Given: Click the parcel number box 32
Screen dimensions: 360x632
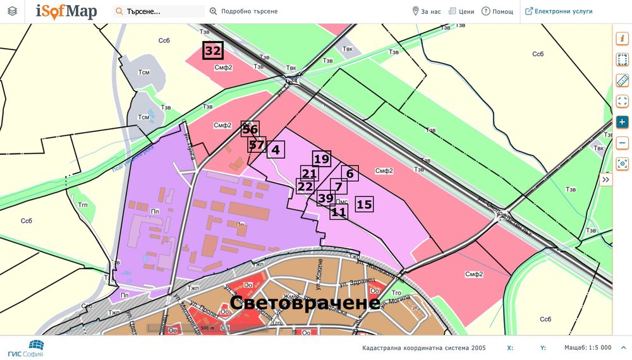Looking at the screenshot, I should (x=213, y=51).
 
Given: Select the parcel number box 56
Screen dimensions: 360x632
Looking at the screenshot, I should (x=250, y=129).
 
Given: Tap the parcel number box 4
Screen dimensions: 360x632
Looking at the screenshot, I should (x=276, y=150).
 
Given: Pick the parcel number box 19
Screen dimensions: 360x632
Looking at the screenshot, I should (x=322, y=159).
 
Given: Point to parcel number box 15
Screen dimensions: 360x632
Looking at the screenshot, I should (x=364, y=204).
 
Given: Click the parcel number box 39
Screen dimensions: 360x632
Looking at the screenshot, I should (x=325, y=198).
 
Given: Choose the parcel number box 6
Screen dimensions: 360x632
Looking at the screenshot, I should (x=350, y=173).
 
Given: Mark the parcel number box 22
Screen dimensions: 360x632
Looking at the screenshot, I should (x=305, y=186).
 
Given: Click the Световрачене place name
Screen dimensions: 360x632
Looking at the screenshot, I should (x=305, y=303).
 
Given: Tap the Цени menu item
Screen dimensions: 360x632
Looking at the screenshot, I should (x=461, y=11).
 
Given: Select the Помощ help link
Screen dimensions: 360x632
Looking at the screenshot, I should (x=497, y=11).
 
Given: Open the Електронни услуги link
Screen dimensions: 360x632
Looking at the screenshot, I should (x=559, y=11).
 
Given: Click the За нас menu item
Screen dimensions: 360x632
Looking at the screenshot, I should (x=427, y=11).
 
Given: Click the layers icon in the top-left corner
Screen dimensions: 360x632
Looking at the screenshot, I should (x=13, y=11).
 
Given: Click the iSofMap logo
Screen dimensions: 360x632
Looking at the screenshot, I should (x=66, y=11).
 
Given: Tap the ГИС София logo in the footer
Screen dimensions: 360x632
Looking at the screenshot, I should (x=26, y=348).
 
